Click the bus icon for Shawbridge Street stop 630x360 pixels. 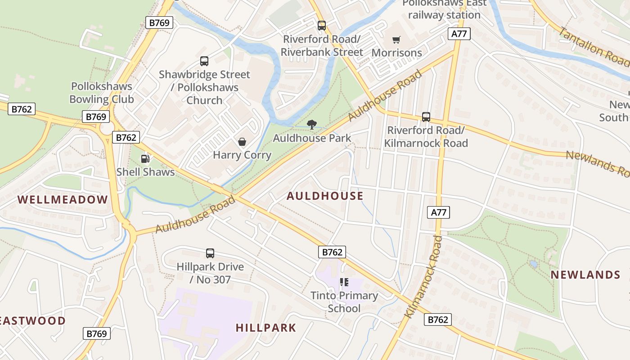click(204, 61)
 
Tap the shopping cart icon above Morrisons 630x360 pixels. click(396, 40)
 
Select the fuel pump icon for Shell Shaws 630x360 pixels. click(145, 158)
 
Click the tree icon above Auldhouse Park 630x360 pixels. click(311, 125)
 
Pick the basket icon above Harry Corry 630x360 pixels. click(242, 142)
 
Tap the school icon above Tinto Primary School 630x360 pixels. click(344, 282)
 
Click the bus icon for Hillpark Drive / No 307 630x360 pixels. click(210, 253)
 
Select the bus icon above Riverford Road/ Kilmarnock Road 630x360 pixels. click(426, 117)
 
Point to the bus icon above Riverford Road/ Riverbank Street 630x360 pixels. click(321, 26)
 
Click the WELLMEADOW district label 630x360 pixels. click(63, 200)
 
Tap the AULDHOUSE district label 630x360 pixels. click(324, 196)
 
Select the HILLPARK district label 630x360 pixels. click(265, 328)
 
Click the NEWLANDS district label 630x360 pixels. click(585, 274)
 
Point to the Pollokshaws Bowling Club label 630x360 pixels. click(102, 93)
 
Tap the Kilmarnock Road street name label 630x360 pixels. click(423, 276)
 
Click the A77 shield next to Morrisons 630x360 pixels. click(459, 33)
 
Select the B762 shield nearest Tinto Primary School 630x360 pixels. click(332, 252)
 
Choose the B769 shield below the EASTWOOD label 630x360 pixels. click(96, 333)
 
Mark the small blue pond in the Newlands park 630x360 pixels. click(534, 264)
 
